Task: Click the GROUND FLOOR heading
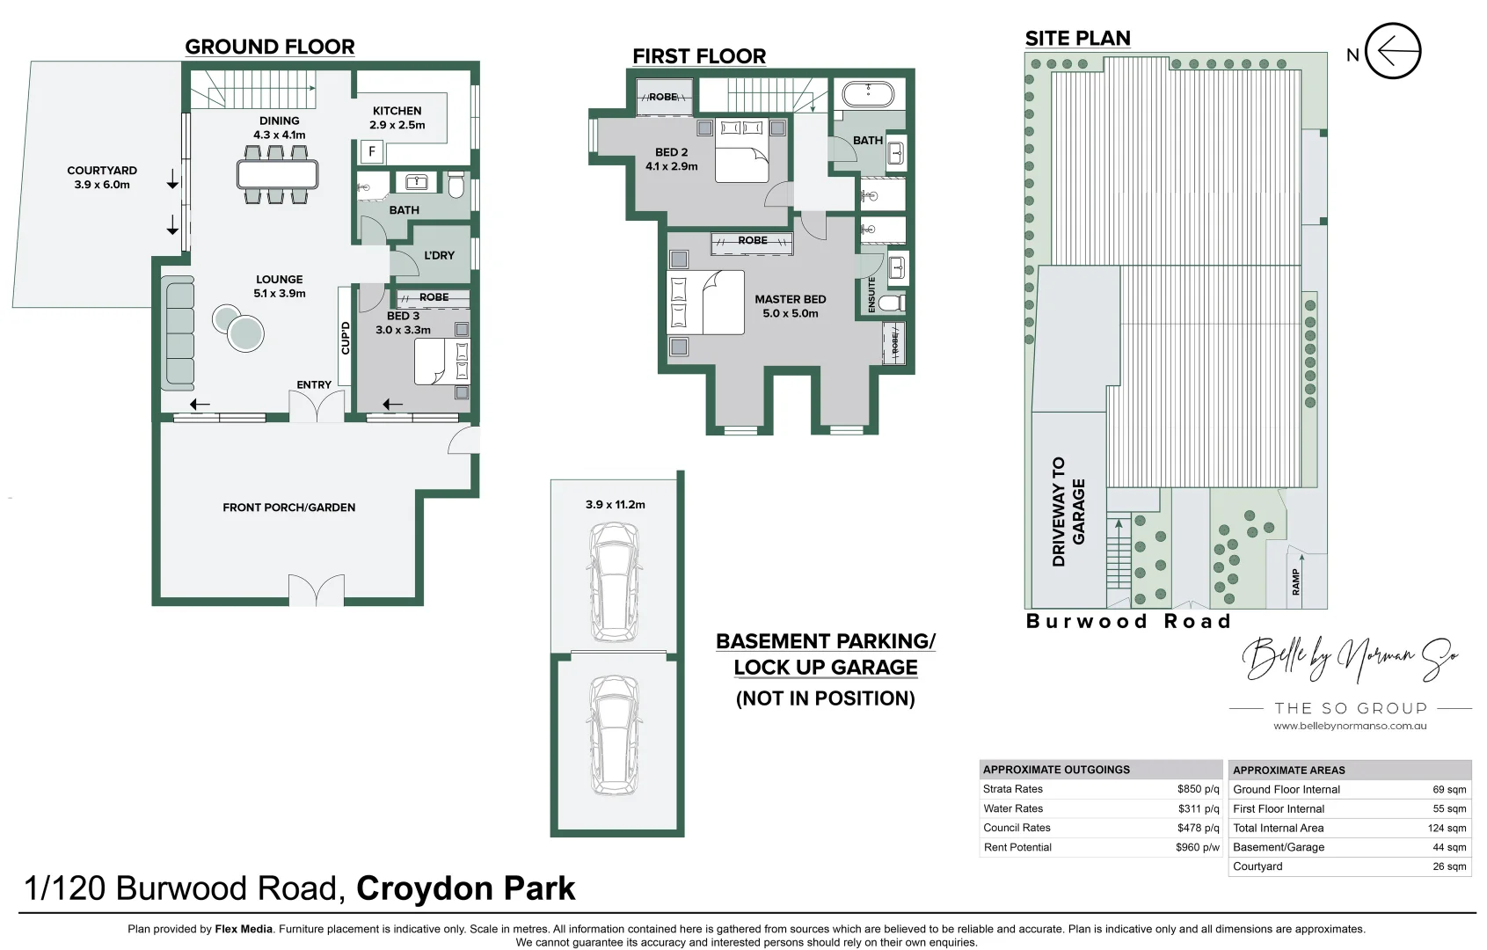tap(270, 47)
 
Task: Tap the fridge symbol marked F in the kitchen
tap(372, 152)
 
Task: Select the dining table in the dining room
tap(277, 174)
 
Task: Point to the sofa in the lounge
tap(178, 332)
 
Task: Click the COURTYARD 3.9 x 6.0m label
tap(102, 178)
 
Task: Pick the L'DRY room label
tap(439, 255)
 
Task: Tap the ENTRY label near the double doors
tap(314, 384)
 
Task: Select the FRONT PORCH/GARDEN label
tap(288, 508)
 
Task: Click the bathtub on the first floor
tap(868, 93)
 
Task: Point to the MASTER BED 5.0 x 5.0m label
tap(790, 306)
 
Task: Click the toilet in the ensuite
tap(891, 303)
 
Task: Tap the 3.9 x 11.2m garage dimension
tap(615, 505)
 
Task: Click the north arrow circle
tap(1394, 51)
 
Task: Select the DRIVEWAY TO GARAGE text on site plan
tap(1068, 511)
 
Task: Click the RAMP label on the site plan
tap(1295, 582)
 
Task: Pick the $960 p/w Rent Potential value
tap(1197, 847)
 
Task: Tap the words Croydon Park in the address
tap(465, 888)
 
